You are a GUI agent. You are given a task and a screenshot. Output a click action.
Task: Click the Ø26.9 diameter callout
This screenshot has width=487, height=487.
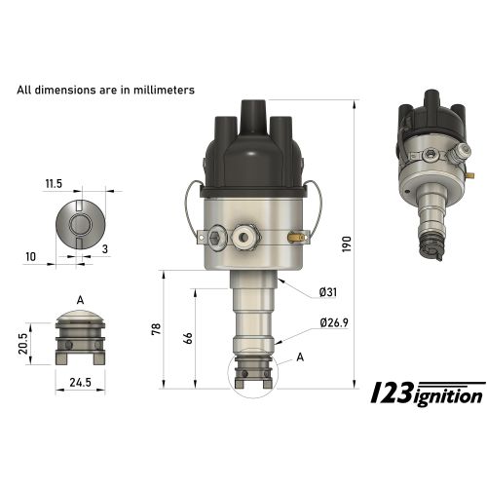click(x=334, y=322)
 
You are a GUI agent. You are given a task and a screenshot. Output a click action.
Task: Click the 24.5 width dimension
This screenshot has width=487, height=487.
click(x=80, y=384)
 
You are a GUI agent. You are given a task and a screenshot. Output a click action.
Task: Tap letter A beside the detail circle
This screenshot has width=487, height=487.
click(x=300, y=357)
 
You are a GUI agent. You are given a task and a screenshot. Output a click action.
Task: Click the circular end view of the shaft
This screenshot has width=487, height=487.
click(x=80, y=223)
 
